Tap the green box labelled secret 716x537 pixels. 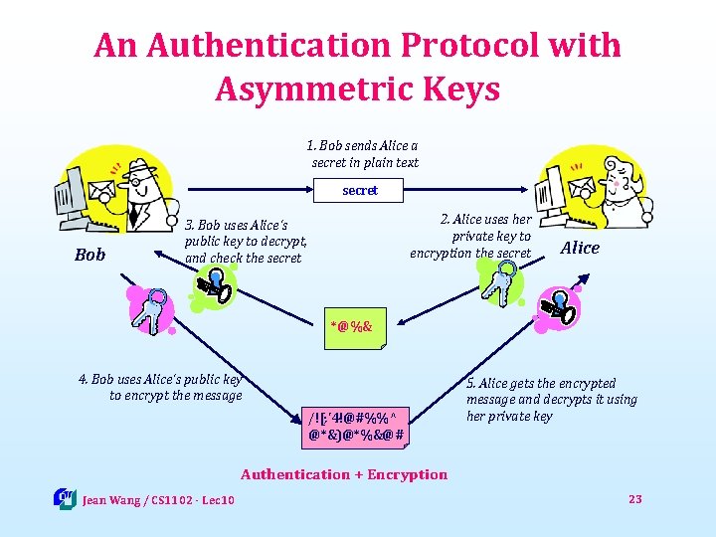(x=360, y=189)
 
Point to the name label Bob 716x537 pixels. (x=89, y=255)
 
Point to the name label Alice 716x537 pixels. (x=580, y=248)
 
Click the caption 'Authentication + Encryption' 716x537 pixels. (x=344, y=474)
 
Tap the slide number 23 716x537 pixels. (x=635, y=498)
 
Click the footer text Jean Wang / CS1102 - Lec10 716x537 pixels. (x=158, y=499)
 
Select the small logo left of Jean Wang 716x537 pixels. (x=65, y=497)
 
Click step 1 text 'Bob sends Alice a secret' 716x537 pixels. (x=364, y=154)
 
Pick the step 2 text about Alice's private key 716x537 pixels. (x=471, y=236)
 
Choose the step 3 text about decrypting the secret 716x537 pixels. (x=246, y=242)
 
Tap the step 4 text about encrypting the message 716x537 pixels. (x=161, y=387)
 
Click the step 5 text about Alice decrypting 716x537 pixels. (x=551, y=399)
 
